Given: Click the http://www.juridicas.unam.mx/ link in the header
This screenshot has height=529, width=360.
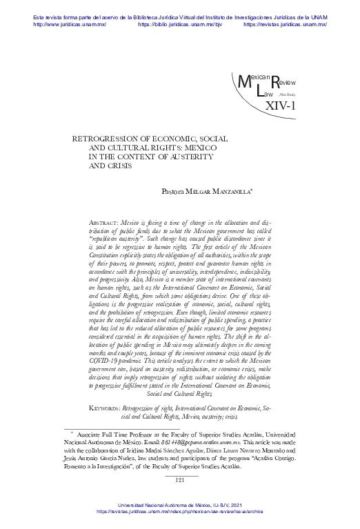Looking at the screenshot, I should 67,23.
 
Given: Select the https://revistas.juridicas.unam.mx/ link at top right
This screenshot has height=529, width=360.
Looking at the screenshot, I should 285,23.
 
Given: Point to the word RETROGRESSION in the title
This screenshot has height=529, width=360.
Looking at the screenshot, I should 111,138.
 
